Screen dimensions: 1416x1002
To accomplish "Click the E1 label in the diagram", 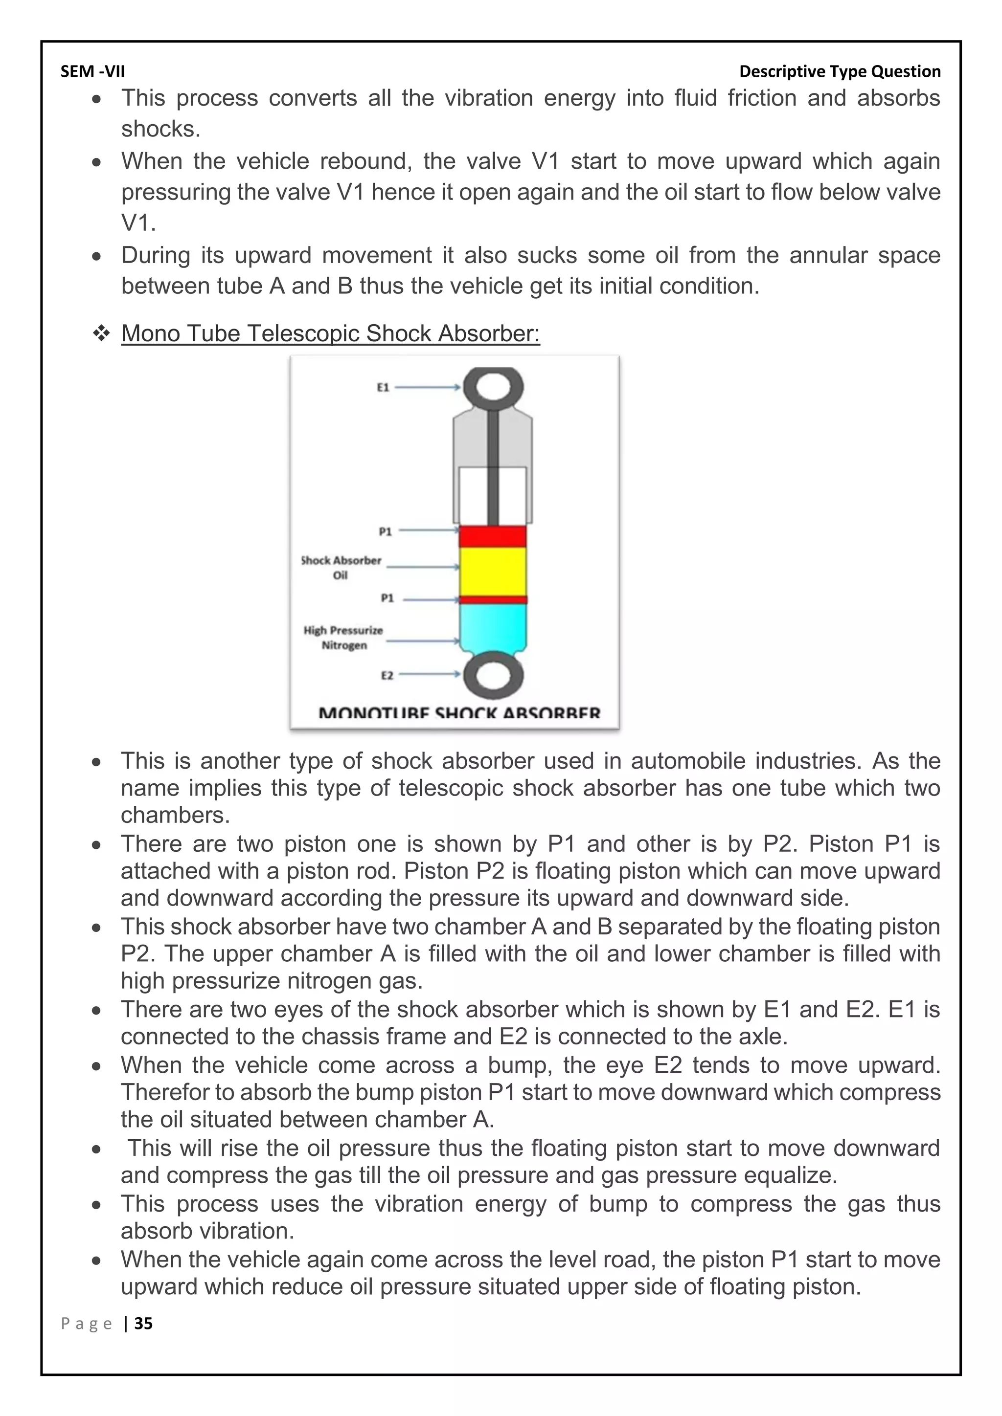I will coord(383,387).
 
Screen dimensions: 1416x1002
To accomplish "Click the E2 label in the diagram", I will coord(386,675).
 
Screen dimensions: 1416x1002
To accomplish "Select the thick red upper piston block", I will coord(492,536).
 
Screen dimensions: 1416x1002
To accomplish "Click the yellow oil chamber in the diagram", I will coord(492,571).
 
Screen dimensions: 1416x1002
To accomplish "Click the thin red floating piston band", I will coord(492,599).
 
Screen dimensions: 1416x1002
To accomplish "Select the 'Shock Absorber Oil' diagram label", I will coord(341,567).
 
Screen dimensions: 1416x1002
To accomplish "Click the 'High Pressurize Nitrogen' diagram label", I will coord(343,638).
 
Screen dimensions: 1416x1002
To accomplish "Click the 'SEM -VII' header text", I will coord(92,71).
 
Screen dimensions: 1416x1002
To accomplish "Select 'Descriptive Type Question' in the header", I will coord(839,71).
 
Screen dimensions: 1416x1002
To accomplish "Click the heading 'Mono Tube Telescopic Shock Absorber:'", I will coord(330,333).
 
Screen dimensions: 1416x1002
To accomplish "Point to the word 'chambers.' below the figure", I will coord(175,815).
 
